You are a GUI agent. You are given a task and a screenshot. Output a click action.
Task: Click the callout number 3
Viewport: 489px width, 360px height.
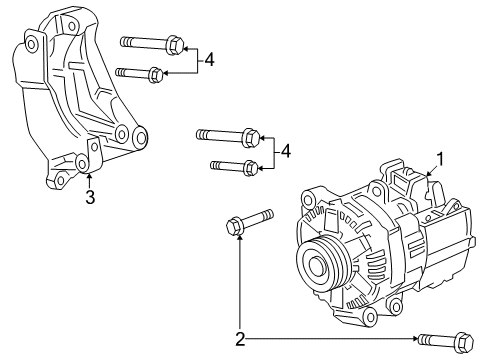click(90, 197)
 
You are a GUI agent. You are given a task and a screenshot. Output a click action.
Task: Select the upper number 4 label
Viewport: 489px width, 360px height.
click(209, 60)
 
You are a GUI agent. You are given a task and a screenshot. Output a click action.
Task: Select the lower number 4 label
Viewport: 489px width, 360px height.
click(287, 151)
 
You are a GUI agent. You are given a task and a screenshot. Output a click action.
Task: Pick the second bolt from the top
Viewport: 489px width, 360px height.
click(140, 73)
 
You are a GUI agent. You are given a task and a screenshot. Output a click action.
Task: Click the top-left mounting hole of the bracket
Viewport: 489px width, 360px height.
click(33, 44)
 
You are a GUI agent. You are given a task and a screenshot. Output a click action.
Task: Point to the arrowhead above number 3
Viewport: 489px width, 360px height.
click(90, 176)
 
